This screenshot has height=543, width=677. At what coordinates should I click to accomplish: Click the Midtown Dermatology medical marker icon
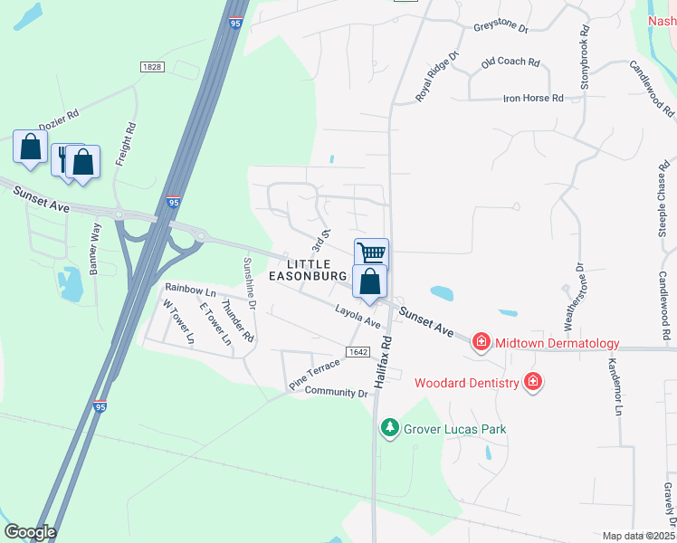(x=482, y=342)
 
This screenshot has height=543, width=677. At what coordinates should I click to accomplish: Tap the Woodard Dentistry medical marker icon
(x=533, y=382)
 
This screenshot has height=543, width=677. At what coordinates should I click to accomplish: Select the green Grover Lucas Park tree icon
(x=390, y=426)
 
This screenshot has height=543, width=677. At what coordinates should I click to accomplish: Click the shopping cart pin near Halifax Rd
(x=371, y=252)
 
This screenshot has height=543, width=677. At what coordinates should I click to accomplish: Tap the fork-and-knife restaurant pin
(x=63, y=158)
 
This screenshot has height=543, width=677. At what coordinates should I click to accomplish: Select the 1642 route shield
(x=357, y=350)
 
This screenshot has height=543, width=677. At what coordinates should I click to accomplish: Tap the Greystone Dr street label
(x=500, y=27)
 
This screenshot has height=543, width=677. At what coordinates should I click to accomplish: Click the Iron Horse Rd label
(x=533, y=98)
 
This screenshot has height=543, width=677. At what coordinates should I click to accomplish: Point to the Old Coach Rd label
(x=510, y=62)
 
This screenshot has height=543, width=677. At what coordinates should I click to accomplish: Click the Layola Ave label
(x=358, y=317)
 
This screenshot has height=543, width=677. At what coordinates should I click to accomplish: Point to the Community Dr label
(x=337, y=392)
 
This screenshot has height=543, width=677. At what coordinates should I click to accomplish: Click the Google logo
(x=30, y=532)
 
